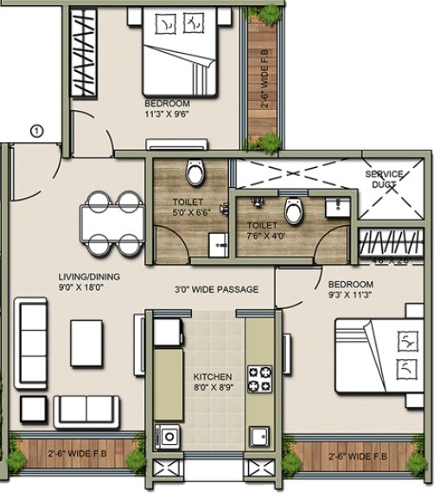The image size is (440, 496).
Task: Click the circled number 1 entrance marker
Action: point(35,132)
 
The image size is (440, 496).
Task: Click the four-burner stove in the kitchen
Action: point(259,378)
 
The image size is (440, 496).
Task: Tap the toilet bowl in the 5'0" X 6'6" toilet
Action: point(197,173)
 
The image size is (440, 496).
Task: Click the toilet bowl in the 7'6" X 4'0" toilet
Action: point(293,209)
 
